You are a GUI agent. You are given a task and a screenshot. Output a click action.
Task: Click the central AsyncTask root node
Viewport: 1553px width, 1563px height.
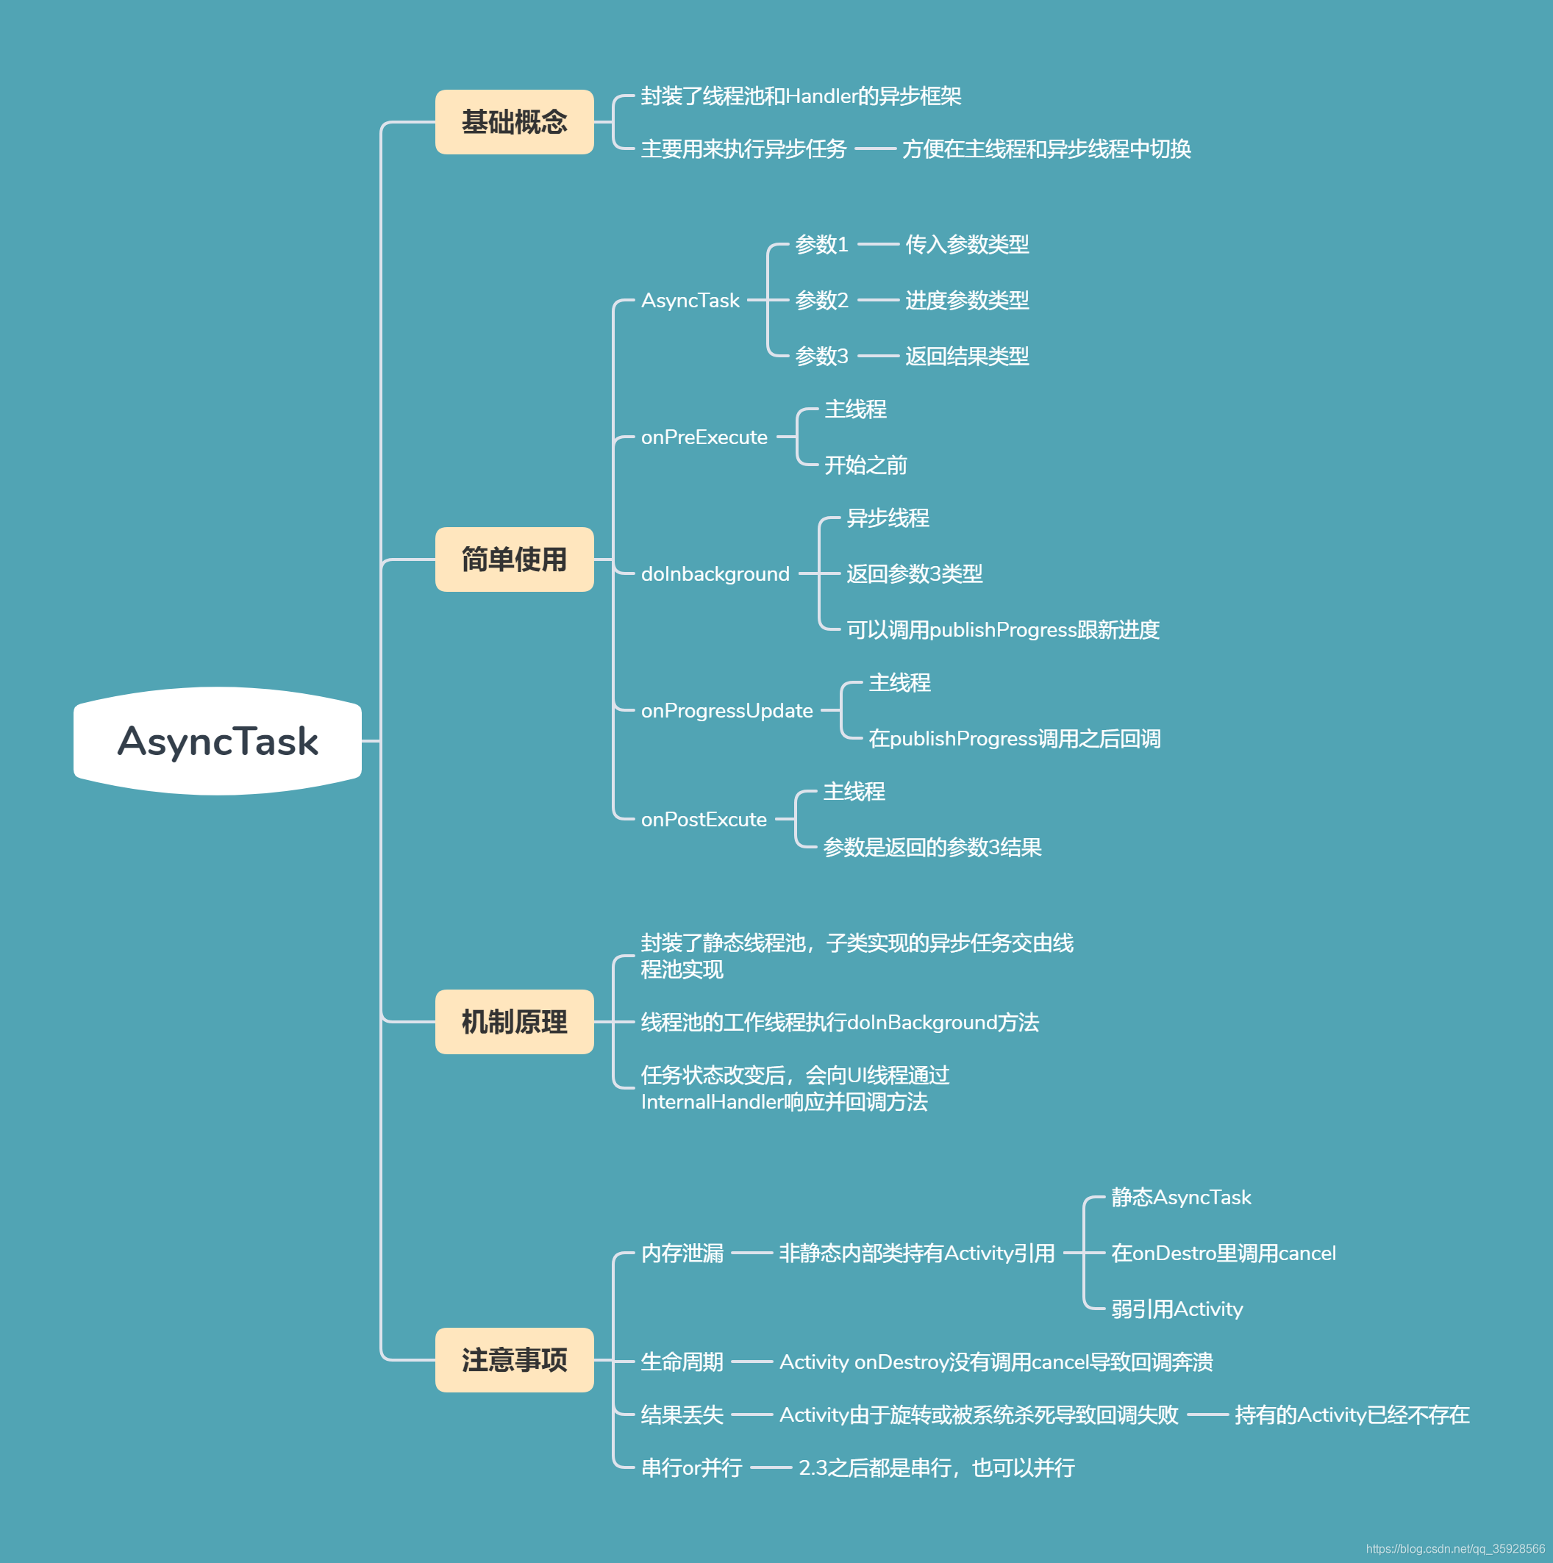point(217,741)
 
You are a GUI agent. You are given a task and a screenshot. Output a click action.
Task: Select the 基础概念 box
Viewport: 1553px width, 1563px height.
point(514,122)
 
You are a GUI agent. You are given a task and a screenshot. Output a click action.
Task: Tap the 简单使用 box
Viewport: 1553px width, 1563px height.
point(514,559)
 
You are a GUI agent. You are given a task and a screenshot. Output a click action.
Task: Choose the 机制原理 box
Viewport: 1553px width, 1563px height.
point(514,1022)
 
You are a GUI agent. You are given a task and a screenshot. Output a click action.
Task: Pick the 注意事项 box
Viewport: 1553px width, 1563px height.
point(514,1360)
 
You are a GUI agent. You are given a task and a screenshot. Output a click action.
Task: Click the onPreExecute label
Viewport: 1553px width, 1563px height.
point(704,437)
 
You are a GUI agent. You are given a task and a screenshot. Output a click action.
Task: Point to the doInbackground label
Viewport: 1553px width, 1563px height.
point(715,573)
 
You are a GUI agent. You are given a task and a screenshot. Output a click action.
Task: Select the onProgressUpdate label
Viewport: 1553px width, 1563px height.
point(726,710)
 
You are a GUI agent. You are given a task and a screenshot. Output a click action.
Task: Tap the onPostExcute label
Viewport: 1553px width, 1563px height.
point(703,820)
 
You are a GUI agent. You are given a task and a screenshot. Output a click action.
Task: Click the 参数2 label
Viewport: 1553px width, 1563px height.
point(821,300)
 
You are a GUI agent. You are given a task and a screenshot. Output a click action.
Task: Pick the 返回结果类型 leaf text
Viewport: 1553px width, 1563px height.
point(967,356)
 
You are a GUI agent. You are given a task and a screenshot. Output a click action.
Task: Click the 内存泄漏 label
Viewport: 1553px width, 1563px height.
point(682,1253)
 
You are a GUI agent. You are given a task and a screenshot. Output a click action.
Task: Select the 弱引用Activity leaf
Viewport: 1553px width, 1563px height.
point(1177,1309)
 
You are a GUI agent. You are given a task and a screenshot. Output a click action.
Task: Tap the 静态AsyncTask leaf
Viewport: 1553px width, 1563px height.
point(1181,1198)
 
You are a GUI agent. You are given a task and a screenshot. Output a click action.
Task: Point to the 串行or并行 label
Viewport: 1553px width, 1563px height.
point(691,1467)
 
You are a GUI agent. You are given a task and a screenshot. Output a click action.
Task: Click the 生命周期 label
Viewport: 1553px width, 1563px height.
point(682,1362)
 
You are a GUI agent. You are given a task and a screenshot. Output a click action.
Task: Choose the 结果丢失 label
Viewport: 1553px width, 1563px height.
point(682,1415)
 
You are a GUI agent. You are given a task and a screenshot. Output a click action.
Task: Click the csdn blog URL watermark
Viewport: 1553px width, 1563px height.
point(1455,1548)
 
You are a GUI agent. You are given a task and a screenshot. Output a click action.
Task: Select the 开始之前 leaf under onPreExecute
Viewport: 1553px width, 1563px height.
point(865,465)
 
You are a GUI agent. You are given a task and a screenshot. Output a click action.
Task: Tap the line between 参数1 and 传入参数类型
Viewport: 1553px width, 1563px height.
point(878,243)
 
